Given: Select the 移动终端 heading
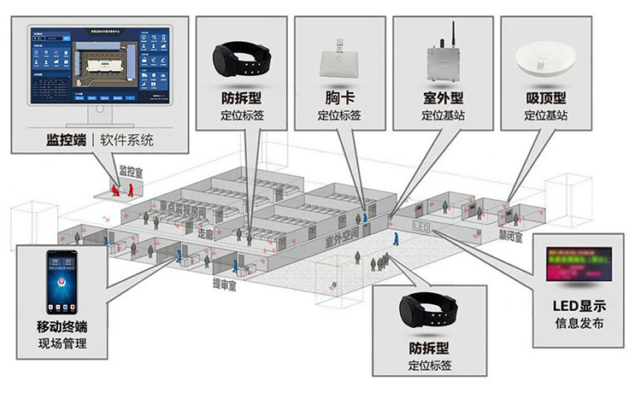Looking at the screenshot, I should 61,327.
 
